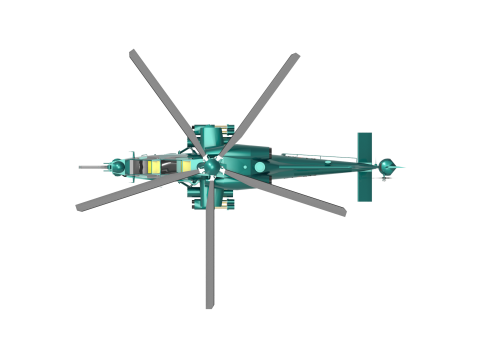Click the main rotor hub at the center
[x=211, y=162]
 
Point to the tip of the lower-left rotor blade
[x=80, y=206]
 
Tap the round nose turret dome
[x=119, y=165]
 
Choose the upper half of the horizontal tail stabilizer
[x=365, y=146]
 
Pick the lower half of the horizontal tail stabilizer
[x=365, y=185]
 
